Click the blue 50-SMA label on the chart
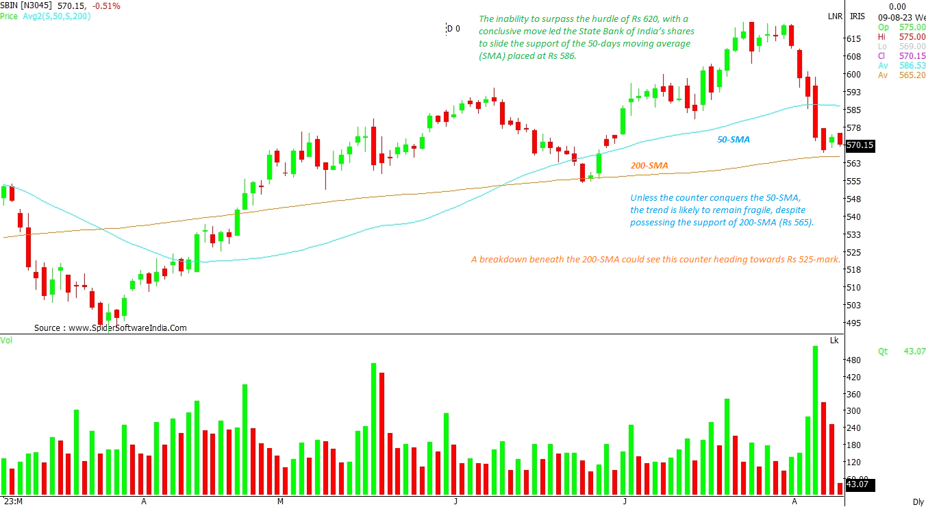(x=733, y=140)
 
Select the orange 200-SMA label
(x=649, y=166)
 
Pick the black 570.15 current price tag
(x=860, y=145)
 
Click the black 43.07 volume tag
(x=859, y=485)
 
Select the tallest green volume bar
(x=816, y=419)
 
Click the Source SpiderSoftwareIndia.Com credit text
(x=110, y=328)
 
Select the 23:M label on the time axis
(x=13, y=501)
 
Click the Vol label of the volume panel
(x=7, y=340)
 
